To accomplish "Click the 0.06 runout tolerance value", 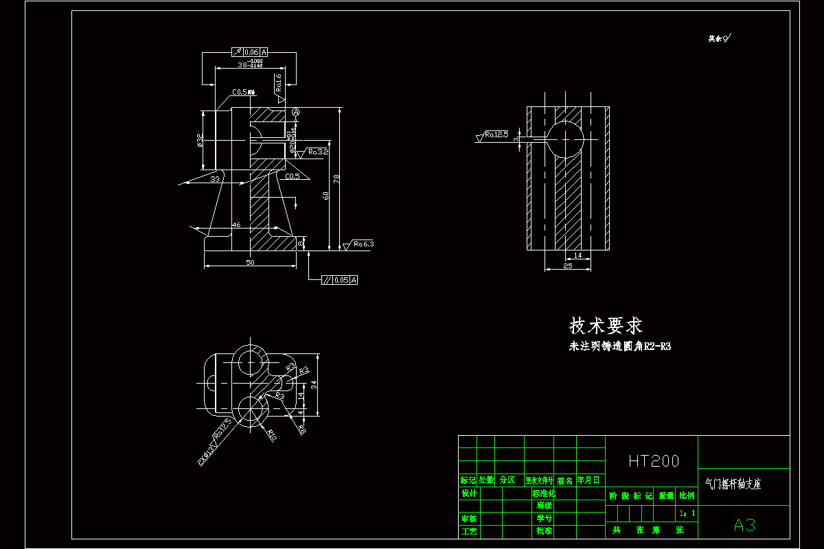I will [x=251, y=52].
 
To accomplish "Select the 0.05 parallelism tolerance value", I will [x=341, y=280].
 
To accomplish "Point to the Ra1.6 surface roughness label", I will [x=279, y=83].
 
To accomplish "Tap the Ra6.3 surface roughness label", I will [x=363, y=244].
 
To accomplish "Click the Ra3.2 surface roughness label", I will [x=318, y=152].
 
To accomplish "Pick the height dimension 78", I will [x=336, y=178].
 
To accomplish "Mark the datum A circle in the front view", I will [x=296, y=112].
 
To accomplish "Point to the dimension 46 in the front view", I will [x=236, y=225].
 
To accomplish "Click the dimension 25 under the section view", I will [x=567, y=266].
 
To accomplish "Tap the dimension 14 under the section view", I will [x=577, y=255].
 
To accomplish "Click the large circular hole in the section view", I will [x=564, y=139].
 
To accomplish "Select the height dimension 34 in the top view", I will [x=314, y=385].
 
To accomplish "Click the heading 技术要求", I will [x=606, y=325].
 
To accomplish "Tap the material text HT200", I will [x=653, y=461].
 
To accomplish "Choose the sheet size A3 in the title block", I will [x=744, y=526].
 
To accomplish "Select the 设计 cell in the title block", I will [x=468, y=493].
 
